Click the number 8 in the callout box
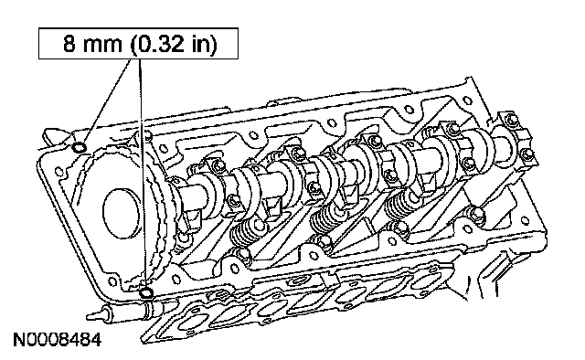pyautogui.click(x=69, y=44)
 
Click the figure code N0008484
pyautogui.click(x=57, y=340)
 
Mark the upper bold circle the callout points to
pyautogui.click(x=80, y=148)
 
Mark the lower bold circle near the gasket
pyautogui.click(x=146, y=292)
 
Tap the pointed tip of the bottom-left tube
pyautogui.click(x=89, y=316)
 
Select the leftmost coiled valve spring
pyautogui.click(x=241, y=234)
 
